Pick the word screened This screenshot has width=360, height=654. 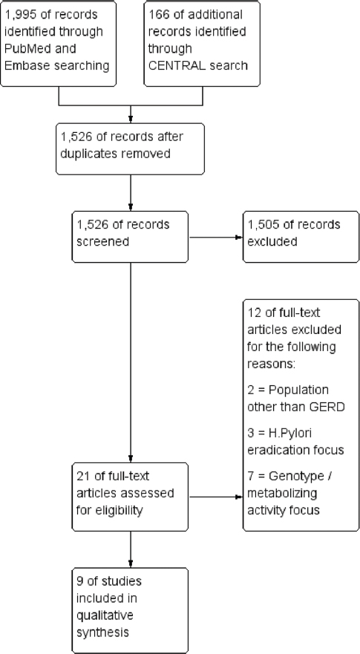click(x=102, y=242)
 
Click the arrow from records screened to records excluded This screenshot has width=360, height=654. click(x=216, y=238)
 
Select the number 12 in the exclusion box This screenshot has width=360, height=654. click(x=254, y=313)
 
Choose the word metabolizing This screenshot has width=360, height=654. click(x=282, y=494)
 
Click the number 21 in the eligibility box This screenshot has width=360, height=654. click(x=82, y=476)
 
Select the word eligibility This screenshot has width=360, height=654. click(x=116, y=511)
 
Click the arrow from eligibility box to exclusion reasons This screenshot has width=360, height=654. click(x=216, y=497)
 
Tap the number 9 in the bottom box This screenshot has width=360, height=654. click(x=79, y=581)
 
